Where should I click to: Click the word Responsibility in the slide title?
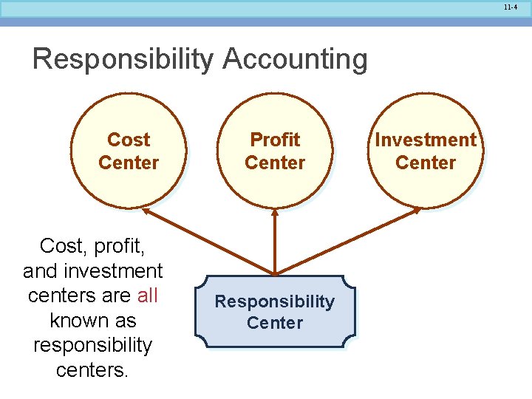tap(123, 59)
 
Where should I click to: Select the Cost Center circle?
tap(129, 151)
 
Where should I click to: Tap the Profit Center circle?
tap(275, 151)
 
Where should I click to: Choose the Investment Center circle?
tap(426, 151)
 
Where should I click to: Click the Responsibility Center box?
tap(275, 312)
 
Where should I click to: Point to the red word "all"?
tap(148, 296)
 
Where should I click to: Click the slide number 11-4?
tap(510, 7)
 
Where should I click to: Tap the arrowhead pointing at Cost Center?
tap(146, 211)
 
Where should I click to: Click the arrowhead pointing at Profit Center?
tap(275, 212)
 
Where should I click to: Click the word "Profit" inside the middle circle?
tap(275, 140)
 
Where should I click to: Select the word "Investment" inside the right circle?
tap(426, 140)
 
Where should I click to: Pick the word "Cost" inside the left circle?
tap(129, 140)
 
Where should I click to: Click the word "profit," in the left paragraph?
tap(121, 246)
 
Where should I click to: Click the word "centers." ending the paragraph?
tap(92, 369)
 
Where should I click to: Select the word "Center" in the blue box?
tap(275, 323)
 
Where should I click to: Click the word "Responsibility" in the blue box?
tap(275, 301)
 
